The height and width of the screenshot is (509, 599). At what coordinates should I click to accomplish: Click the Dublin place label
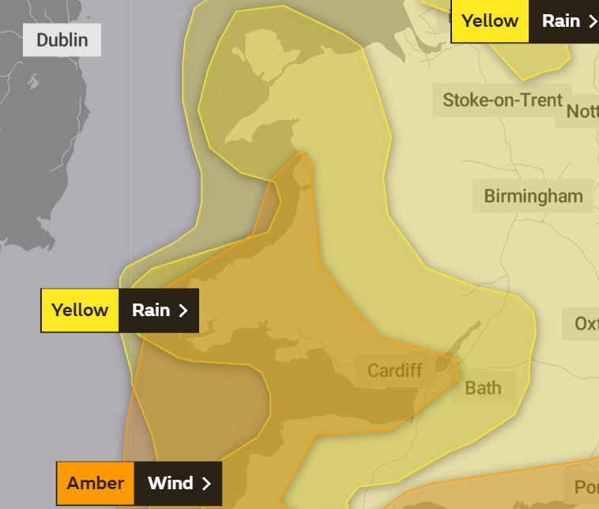(62, 40)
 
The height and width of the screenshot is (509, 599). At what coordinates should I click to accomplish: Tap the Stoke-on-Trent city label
(502, 100)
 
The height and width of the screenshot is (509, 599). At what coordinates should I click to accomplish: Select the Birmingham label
(533, 196)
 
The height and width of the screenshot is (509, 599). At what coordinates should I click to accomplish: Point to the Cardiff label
(394, 370)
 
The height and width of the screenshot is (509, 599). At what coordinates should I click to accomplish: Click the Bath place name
(482, 387)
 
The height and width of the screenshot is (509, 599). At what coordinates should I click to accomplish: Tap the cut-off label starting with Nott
(582, 111)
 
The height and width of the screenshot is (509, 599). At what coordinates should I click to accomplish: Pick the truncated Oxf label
(586, 324)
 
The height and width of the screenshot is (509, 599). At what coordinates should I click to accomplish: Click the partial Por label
(586, 487)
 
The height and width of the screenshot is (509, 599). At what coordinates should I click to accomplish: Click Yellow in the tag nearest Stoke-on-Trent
(489, 21)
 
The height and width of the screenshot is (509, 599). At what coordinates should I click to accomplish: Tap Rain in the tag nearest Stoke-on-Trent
(560, 21)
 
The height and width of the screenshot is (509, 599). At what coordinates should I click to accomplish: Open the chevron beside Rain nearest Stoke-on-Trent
(592, 21)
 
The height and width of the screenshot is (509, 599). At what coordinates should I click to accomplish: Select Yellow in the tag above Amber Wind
(80, 310)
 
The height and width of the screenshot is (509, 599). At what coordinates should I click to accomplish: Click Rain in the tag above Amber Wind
(150, 310)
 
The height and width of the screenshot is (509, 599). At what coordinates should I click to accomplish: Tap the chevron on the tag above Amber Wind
(183, 310)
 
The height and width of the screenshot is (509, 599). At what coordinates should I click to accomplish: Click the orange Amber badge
(96, 483)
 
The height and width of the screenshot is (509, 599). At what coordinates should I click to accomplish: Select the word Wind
(170, 483)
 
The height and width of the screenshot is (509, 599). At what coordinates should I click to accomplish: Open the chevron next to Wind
(206, 483)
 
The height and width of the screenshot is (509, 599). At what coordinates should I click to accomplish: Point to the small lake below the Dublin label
(33, 81)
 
